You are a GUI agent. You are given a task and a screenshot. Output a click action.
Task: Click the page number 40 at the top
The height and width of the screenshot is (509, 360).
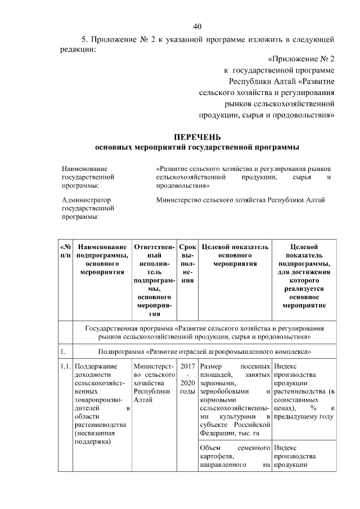point(197,26)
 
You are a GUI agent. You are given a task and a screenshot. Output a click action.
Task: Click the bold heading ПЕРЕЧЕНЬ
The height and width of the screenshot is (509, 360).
point(197,137)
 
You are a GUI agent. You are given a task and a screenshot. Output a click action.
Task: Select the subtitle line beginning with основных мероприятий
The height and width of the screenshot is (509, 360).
point(197,147)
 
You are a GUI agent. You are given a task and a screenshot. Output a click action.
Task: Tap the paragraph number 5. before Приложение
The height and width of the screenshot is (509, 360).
point(85,39)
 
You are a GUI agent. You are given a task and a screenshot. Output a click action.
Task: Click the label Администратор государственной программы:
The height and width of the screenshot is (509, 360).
point(88,208)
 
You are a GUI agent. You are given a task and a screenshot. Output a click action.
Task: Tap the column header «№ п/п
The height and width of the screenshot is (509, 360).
point(65,251)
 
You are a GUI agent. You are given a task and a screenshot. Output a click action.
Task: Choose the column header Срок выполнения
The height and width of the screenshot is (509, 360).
point(187,263)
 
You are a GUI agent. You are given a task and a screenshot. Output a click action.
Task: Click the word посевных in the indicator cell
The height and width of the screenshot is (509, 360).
point(255,366)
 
